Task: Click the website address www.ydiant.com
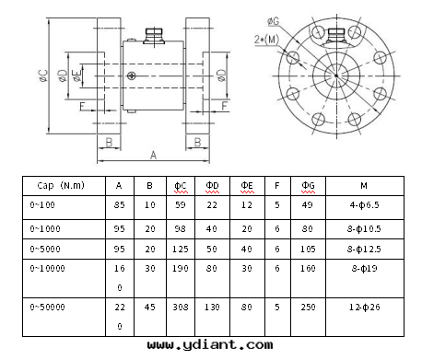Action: tap(210, 345)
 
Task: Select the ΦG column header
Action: tap(308, 185)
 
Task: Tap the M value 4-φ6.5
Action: tap(364, 204)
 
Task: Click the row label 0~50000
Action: tap(47, 307)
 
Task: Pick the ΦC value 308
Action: tap(181, 307)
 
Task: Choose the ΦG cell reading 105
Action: tap(308, 249)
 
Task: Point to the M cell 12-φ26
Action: tap(364, 307)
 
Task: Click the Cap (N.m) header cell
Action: tap(61, 185)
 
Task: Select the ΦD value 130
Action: tap(212, 307)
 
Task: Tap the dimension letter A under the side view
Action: tap(153, 155)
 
